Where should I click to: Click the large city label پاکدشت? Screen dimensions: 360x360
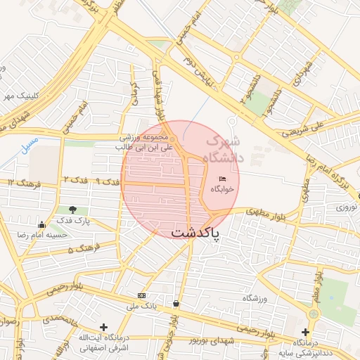coord(195,231)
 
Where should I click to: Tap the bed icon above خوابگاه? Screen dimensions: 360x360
coord(223,179)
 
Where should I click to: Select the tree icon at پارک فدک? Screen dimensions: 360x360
coord(73,210)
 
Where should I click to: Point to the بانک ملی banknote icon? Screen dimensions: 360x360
coord(141,295)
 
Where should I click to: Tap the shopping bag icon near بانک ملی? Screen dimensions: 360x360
coord(175,304)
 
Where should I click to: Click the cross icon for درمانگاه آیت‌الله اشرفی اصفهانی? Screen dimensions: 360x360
coord(104,327)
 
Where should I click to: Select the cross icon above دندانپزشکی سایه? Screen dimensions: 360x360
coord(304,332)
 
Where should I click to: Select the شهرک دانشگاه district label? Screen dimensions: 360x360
coord(224,150)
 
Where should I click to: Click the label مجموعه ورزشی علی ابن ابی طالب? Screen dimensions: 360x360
coord(143,143)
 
